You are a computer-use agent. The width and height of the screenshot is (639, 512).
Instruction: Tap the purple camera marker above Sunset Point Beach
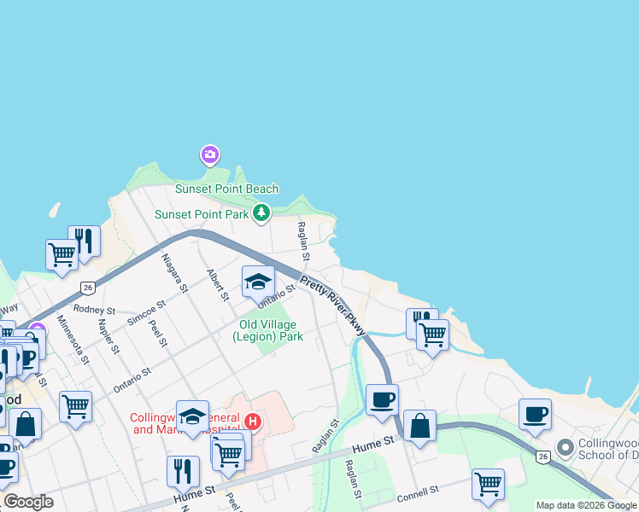coord(209,155)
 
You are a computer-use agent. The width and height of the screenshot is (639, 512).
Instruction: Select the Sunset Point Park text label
coord(202,214)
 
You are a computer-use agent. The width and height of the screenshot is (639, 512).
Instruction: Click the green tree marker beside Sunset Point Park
coord(261,213)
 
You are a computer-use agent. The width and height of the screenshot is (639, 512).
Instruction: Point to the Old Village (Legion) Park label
coord(268,330)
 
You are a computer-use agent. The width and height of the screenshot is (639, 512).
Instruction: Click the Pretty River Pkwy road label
coord(333,300)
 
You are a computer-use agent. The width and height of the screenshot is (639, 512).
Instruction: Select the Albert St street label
coord(218,284)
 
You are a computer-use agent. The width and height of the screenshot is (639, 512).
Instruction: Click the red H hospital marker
coord(253,421)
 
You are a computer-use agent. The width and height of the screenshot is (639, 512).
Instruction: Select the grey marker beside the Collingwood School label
coord(565,447)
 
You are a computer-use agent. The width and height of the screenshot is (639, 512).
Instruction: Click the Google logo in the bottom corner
coord(28,502)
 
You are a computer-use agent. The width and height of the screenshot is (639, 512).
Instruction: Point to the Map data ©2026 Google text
coord(586,505)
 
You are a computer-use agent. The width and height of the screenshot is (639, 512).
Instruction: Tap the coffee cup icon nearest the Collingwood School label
coord(536,415)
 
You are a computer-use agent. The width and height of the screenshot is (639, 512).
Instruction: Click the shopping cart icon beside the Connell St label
coord(488,484)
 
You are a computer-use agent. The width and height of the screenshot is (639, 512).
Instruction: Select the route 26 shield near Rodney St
coord(87,288)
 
